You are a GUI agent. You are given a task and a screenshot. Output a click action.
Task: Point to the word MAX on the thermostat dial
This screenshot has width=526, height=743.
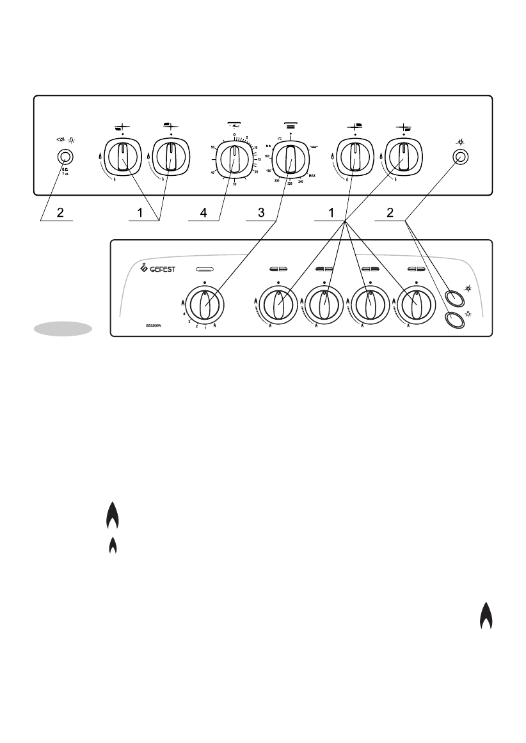pyautogui.click(x=311, y=175)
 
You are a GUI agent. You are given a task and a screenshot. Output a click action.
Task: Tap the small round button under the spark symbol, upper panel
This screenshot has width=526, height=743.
pyautogui.click(x=459, y=156)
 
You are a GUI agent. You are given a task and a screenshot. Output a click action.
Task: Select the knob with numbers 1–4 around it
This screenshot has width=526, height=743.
pyautogui.click(x=205, y=303)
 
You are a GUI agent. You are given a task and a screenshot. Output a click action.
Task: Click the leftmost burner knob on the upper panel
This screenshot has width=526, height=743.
pyautogui.click(x=120, y=157)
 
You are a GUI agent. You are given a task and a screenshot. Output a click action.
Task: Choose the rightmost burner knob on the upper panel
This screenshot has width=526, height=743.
pyautogui.click(x=402, y=157)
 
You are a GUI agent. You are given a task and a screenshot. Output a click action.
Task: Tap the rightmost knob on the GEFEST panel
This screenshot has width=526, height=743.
pyautogui.click(x=416, y=303)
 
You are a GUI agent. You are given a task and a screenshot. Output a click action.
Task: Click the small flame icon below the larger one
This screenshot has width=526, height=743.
pyautogui.click(x=113, y=545)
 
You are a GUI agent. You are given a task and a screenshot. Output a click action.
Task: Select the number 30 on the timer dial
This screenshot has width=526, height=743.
pyautogui.click(x=235, y=184)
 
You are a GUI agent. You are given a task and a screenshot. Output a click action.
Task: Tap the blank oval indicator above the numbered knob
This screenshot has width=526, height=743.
pyautogui.click(x=206, y=269)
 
